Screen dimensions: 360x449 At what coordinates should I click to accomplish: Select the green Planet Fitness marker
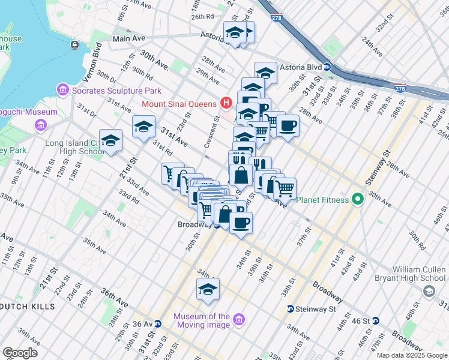pyautogui.click(x=358, y=199)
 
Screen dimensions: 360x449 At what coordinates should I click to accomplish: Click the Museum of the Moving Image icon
pyautogui.click(x=239, y=320)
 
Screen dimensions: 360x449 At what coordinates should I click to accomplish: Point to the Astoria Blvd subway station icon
pyautogui.click(x=327, y=67)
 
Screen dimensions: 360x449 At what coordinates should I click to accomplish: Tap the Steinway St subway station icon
pyautogui.click(x=290, y=309)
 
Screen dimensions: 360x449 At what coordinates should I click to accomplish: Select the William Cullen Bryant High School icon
pyautogui.click(x=429, y=292)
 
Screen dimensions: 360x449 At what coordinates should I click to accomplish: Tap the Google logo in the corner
pyautogui.click(x=20, y=353)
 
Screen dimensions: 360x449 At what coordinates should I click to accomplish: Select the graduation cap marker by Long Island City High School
pyautogui.click(x=110, y=140)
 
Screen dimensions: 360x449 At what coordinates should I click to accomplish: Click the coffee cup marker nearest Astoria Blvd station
pyautogui.click(x=288, y=125)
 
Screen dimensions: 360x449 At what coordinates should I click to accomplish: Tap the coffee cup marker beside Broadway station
pyautogui.click(x=241, y=223)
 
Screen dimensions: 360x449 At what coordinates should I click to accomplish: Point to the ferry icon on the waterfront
pyautogui.click(x=74, y=44)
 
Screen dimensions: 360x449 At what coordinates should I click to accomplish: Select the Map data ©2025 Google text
pyautogui.click(x=412, y=355)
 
